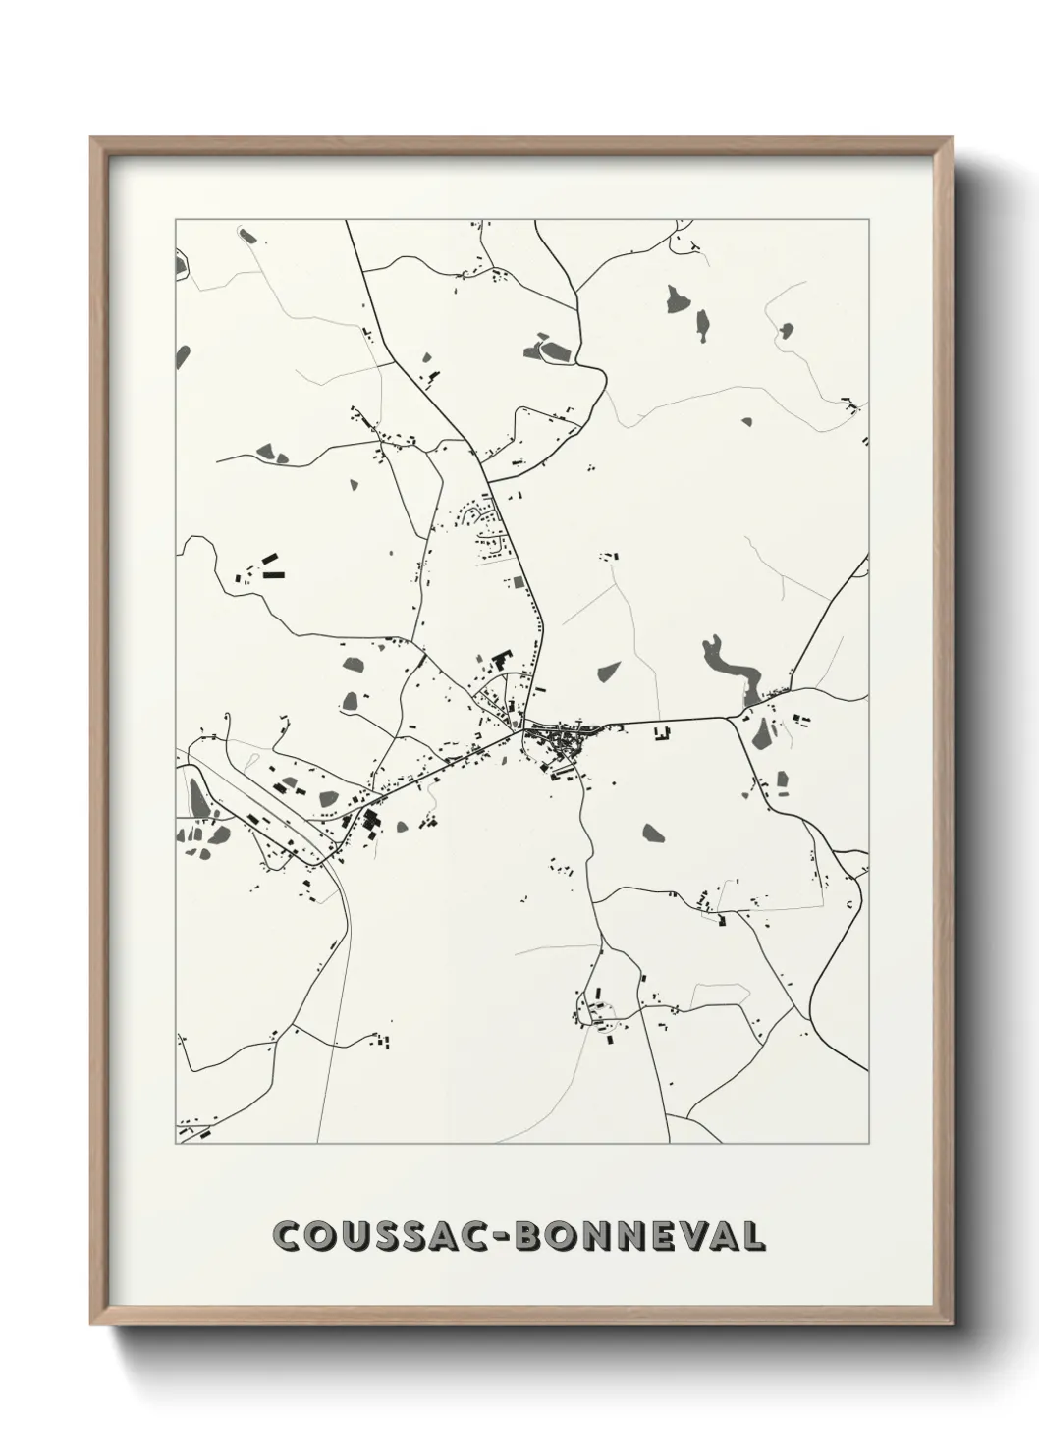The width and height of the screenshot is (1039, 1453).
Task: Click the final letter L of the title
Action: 753,1236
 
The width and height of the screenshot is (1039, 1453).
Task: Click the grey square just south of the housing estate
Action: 518,582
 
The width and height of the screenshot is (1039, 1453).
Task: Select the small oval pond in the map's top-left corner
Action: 246,236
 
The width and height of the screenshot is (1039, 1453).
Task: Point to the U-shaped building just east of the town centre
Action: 661,731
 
